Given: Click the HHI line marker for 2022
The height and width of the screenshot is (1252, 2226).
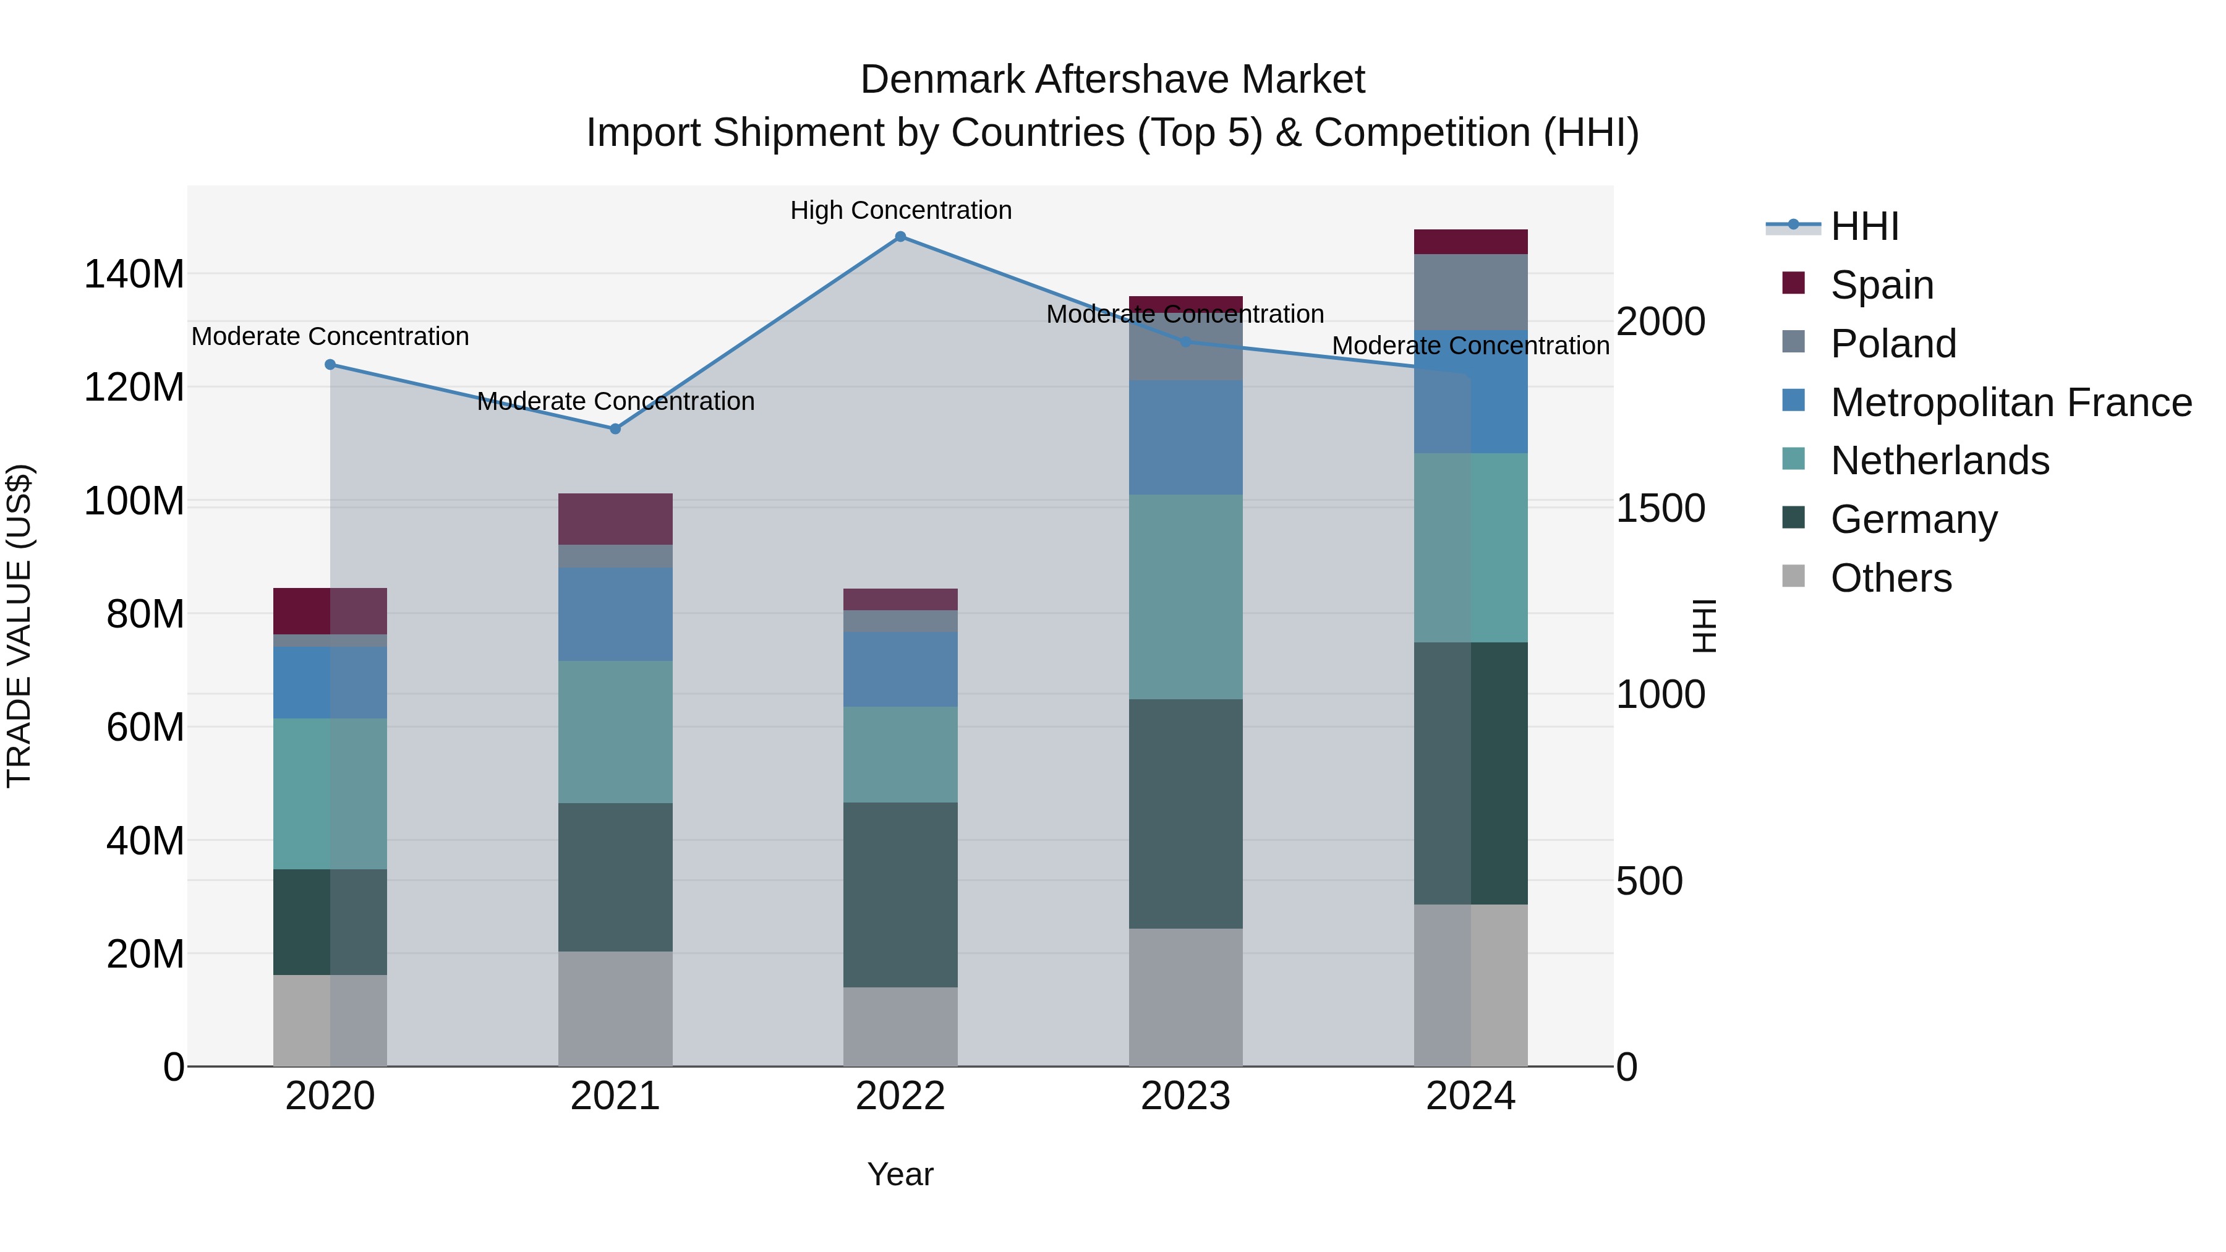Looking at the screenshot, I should pos(900,237).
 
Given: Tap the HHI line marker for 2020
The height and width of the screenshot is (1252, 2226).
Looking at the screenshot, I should pos(330,365).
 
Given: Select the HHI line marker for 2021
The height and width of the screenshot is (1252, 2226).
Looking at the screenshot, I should pos(615,428).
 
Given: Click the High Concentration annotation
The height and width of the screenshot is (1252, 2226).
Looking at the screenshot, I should pos(900,210).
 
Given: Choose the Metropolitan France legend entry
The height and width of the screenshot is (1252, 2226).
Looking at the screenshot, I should pos(2010,402).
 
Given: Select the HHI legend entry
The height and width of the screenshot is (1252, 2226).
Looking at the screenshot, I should pos(1864,226).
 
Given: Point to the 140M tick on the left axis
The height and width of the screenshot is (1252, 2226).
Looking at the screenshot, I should pos(134,275).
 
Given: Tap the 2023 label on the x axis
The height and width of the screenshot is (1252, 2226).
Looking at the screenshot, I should pos(1185,1096).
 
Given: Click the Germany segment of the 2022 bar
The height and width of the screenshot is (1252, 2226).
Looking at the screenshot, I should pos(900,894).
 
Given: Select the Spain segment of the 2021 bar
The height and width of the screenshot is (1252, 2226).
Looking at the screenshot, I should pos(615,519).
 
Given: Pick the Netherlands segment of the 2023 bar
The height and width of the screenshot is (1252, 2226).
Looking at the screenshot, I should pos(1185,596).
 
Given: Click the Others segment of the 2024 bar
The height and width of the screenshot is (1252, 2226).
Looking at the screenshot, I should pos(1471,985).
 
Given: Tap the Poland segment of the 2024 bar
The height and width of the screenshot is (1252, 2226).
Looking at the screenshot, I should pos(1471,292).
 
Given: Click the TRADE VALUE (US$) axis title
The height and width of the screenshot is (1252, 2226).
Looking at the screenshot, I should pos(19,626).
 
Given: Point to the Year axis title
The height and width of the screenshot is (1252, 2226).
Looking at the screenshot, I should pos(900,1174).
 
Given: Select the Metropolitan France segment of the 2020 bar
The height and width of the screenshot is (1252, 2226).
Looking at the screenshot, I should pos(330,682).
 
